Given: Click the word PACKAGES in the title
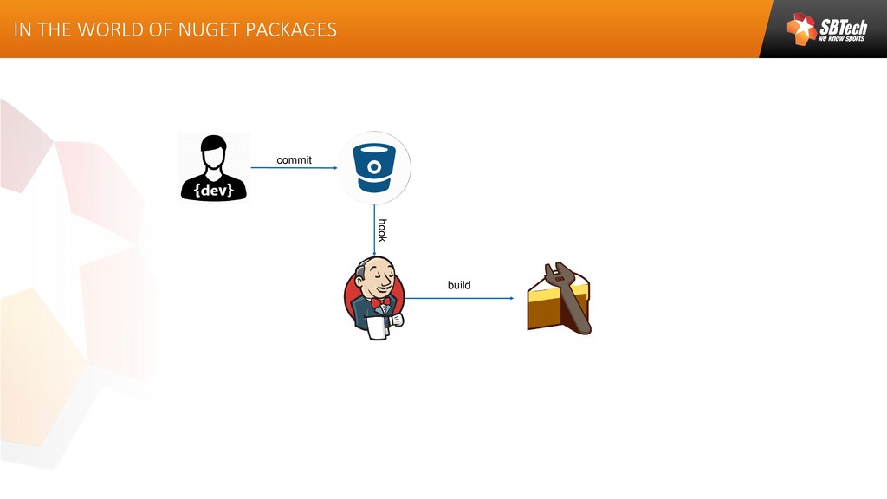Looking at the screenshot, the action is pyautogui.click(x=291, y=29).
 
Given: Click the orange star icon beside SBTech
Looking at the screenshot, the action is pyautogui.click(x=801, y=29).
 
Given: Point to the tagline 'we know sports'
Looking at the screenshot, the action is pyautogui.click(x=841, y=39).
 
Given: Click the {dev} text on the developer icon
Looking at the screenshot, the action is pyautogui.click(x=213, y=191).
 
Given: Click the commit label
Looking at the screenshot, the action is pyautogui.click(x=294, y=160).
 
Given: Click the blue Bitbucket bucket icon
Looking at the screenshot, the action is pyautogui.click(x=374, y=166).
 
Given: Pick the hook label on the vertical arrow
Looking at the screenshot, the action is pyautogui.click(x=382, y=230).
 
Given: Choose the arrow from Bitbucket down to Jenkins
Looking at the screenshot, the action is pyautogui.click(x=374, y=230).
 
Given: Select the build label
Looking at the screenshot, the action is pyautogui.click(x=459, y=285).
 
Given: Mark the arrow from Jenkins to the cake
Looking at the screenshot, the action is pyautogui.click(x=459, y=298).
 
